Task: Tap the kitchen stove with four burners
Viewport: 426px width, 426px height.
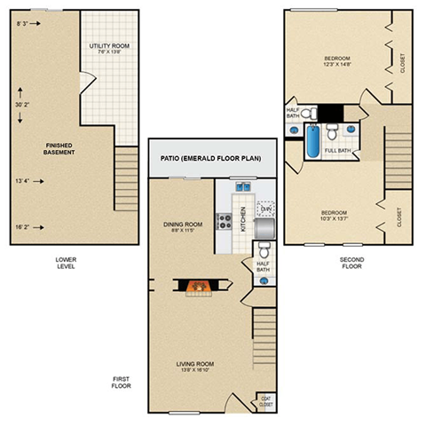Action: click(225, 218)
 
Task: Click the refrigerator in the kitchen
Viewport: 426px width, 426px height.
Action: click(264, 230)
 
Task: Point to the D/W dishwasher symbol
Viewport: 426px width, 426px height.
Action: click(264, 209)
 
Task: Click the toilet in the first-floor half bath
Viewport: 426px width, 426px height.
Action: click(264, 280)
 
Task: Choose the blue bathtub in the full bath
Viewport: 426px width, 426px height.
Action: click(313, 143)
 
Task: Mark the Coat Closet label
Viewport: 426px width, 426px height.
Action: click(264, 401)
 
